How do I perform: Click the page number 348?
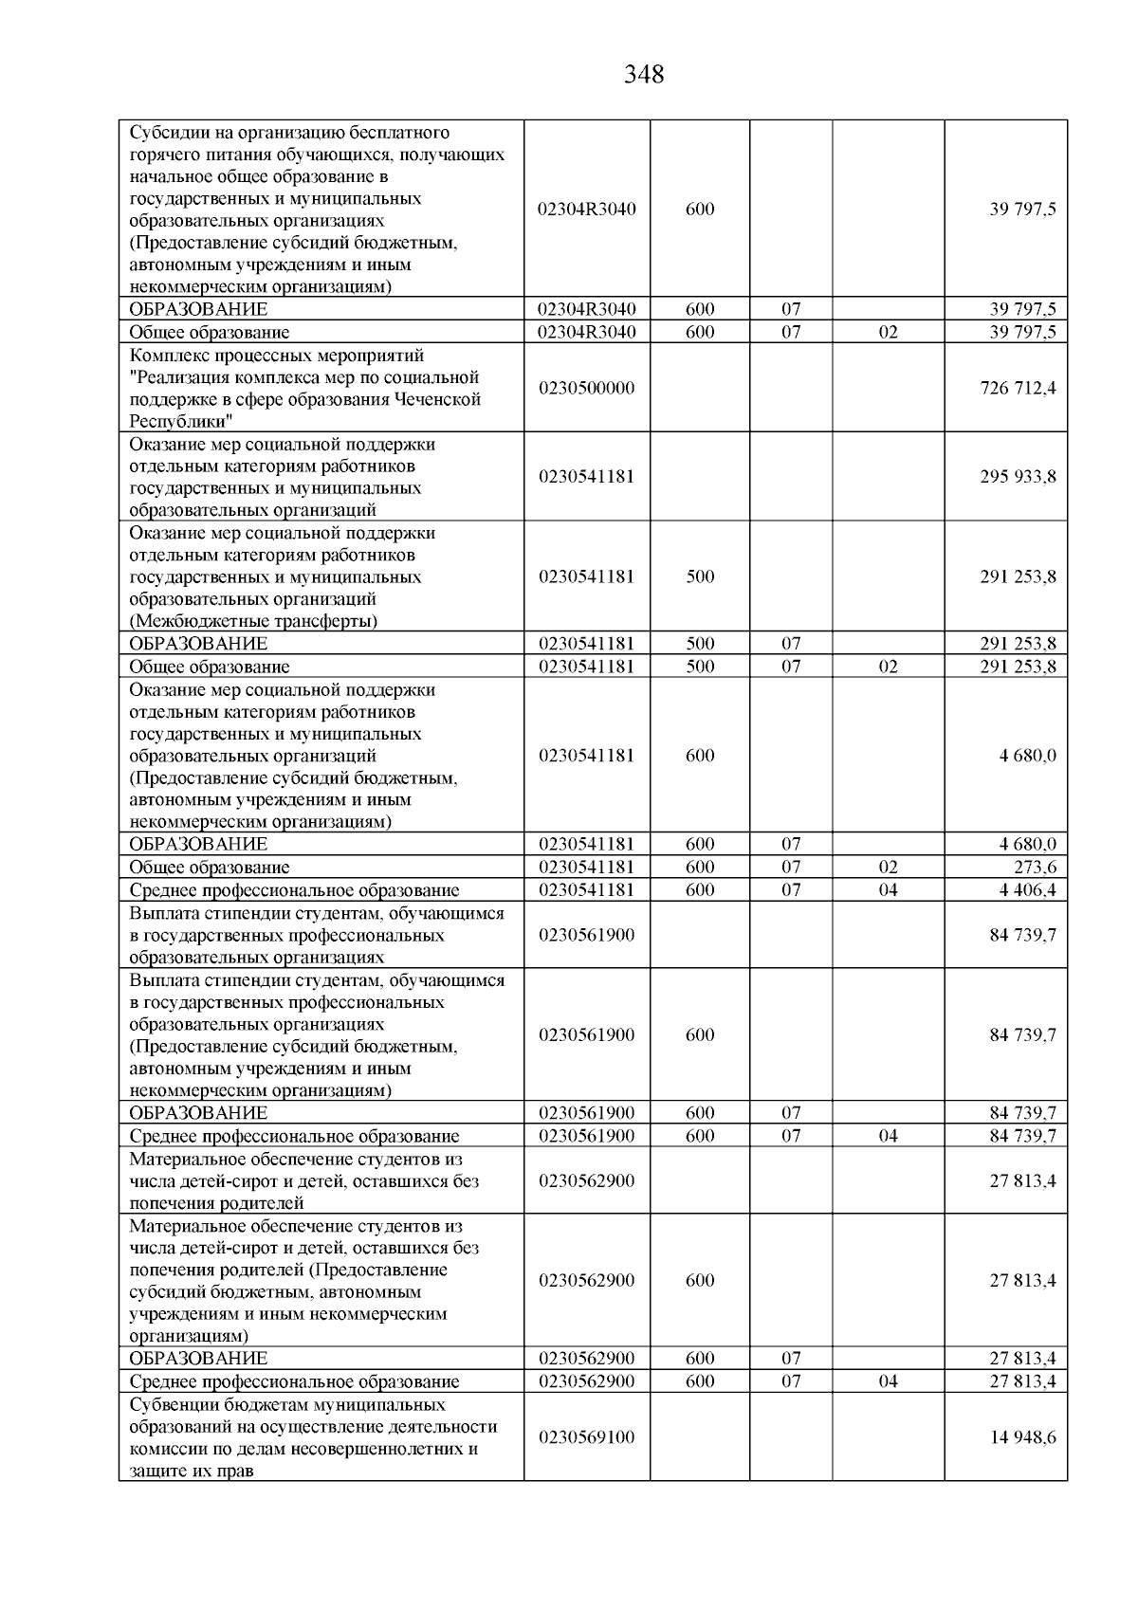(x=644, y=74)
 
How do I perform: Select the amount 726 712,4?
(x=1018, y=388)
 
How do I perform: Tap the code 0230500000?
(x=586, y=388)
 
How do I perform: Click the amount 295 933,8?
(x=1018, y=476)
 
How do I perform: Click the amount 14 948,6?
(x=1022, y=1436)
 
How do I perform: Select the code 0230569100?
(x=586, y=1436)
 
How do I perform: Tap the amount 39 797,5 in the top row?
(x=1022, y=210)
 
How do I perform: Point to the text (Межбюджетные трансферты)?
(x=253, y=621)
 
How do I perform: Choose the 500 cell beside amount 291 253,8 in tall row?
(x=700, y=576)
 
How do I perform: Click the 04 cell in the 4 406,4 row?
(x=888, y=889)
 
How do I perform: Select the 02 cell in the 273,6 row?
(x=888, y=867)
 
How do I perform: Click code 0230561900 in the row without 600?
(x=586, y=935)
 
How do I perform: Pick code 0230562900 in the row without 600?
(x=586, y=1180)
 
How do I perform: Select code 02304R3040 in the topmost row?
(x=586, y=210)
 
